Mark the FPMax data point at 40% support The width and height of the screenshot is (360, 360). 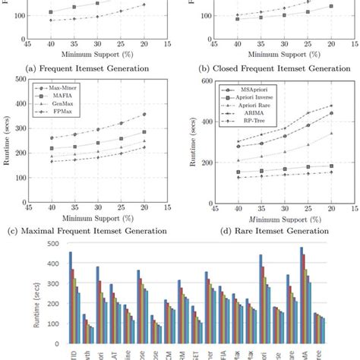point(51,161)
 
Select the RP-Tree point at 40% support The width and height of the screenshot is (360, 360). point(238,178)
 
